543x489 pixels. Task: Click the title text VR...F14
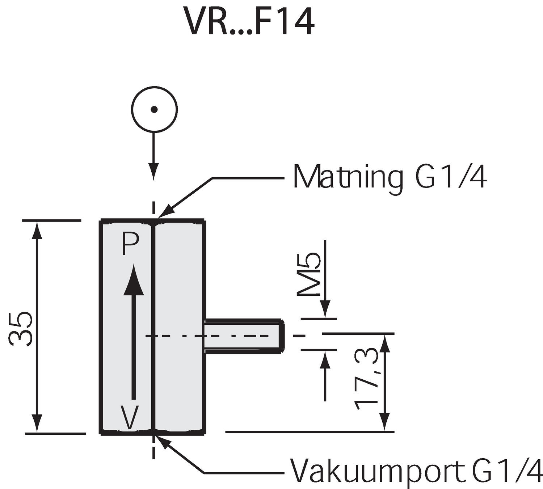(x=249, y=22)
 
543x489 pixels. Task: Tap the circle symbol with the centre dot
(x=154, y=109)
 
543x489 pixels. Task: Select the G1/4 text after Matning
(x=451, y=177)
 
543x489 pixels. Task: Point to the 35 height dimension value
(x=21, y=329)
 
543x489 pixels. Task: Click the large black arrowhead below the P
(x=134, y=281)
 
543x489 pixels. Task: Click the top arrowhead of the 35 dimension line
(x=37, y=229)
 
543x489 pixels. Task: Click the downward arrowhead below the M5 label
(x=325, y=310)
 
